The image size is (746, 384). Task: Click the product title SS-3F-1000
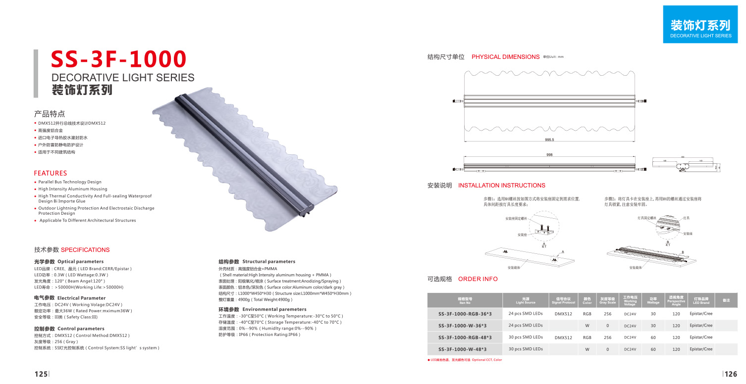click(x=119, y=59)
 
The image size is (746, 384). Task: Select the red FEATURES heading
click(x=50, y=173)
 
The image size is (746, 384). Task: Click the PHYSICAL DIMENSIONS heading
click(x=505, y=57)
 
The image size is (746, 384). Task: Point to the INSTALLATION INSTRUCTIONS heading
click(x=501, y=186)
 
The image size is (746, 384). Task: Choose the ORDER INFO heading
click(x=478, y=279)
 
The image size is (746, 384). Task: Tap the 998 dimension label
click(x=549, y=155)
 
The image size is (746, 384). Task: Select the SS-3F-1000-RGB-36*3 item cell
click(x=465, y=314)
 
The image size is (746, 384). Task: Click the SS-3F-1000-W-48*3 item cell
click(x=465, y=349)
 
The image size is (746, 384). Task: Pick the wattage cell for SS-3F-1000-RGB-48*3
click(x=653, y=337)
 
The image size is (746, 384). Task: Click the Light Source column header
click(x=525, y=301)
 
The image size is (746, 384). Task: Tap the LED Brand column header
click(x=701, y=301)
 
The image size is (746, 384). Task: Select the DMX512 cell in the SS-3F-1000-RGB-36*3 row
click(x=563, y=314)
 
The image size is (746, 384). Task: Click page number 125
click(x=41, y=374)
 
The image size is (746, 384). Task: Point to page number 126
click(x=731, y=374)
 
